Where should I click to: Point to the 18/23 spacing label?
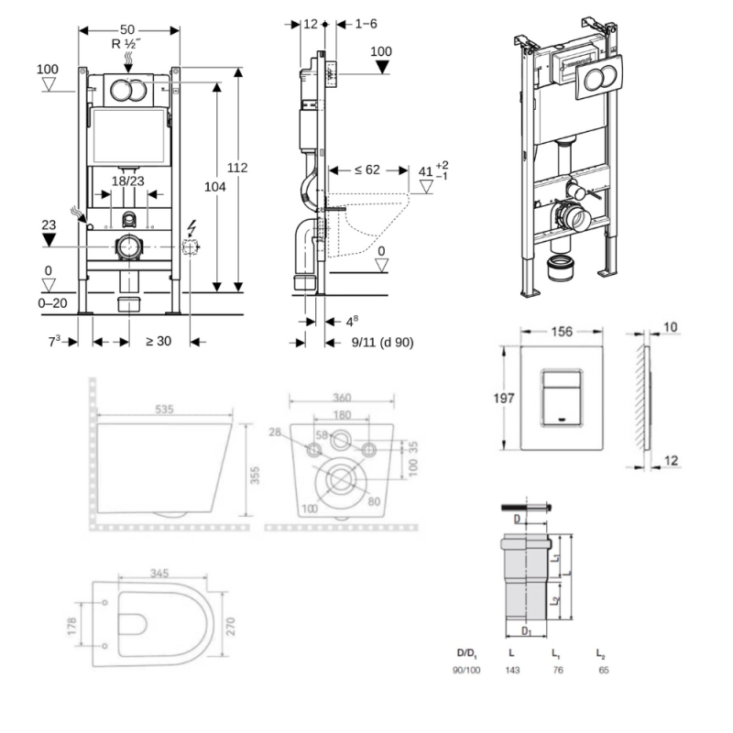pos(127,181)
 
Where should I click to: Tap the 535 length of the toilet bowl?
pos(164,410)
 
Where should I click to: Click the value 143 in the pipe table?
pos(511,670)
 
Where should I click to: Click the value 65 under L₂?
pos(602,670)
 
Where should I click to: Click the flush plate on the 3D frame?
pos(596,79)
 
